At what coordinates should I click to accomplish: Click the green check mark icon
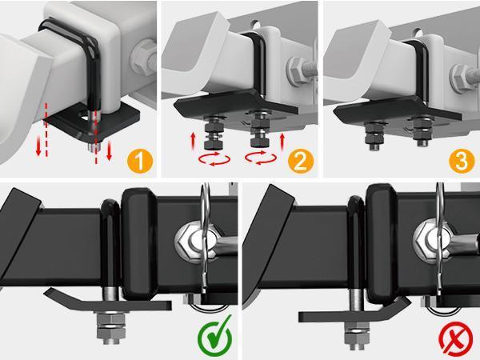pos(214,336)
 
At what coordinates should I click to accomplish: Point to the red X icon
pos(455,337)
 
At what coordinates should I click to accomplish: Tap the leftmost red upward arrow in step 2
pos(192,142)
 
